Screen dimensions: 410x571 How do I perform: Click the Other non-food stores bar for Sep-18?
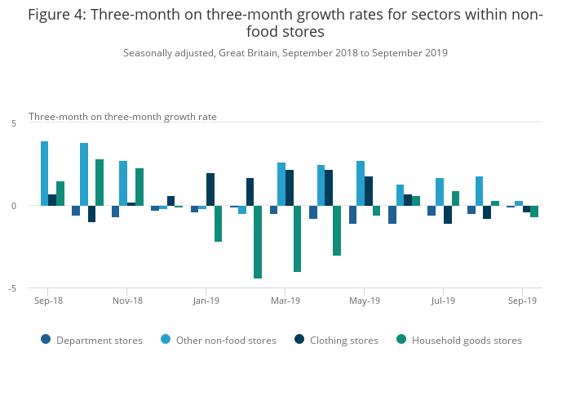tap(44, 173)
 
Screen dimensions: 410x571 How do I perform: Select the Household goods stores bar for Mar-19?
tap(297, 238)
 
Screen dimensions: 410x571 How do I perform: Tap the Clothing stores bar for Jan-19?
tap(210, 189)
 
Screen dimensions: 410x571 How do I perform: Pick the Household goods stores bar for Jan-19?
tap(218, 223)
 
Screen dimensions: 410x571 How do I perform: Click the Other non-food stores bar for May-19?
tap(361, 183)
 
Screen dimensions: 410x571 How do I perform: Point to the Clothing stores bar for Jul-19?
tap(447, 214)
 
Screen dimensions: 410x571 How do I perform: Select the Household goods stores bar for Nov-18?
tap(139, 187)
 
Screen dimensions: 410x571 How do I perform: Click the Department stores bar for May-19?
tap(352, 214)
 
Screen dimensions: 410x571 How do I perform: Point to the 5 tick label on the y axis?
tap(14, 123)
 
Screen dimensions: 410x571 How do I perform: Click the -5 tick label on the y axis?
tap(12, 288)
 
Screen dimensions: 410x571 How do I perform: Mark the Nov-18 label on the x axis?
tap(127, 301)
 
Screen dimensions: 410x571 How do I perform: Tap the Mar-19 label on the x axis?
tap(285, 301)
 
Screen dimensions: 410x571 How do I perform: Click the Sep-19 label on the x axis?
tap(522, 301)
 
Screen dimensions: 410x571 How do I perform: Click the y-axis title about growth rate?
tap(122, 117)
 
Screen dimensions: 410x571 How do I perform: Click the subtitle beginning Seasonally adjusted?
tap(285, 53)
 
